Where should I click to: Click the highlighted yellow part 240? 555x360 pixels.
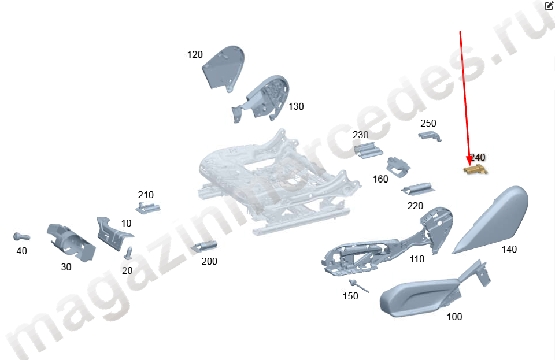point(475,169)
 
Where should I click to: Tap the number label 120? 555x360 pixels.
point(195,55)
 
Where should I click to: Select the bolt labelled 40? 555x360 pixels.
point(21,236)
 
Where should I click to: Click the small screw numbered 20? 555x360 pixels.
point(128,253)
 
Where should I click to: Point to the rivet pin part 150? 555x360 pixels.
point(358,285)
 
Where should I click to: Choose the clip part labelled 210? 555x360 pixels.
point(147,207)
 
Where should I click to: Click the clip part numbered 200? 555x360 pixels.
point(204,247)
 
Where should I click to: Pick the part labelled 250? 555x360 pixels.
point(430,136)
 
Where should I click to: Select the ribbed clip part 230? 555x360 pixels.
point(368,150)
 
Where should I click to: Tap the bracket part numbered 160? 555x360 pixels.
point(398,166)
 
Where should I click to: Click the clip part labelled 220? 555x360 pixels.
point(418,188)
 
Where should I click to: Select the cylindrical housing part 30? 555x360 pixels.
point(71,243)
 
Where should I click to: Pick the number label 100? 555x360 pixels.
point(454,317)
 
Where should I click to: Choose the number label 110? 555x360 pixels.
point(417,259)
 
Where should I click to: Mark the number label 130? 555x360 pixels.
point(296,106)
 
